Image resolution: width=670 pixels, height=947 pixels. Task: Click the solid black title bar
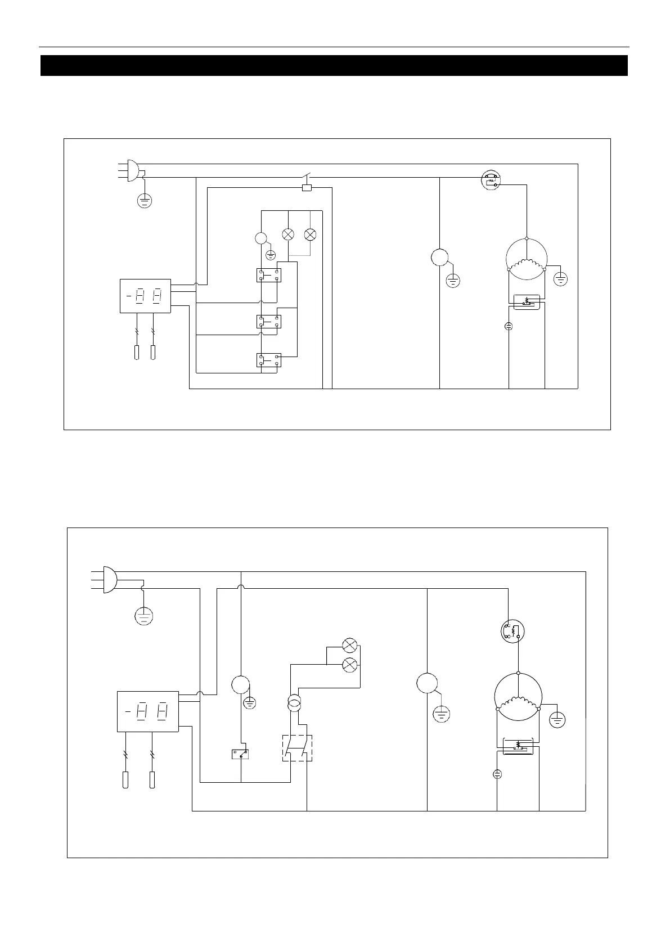(x=334, y=65)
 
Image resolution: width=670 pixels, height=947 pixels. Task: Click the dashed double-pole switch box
(x=297, y=748)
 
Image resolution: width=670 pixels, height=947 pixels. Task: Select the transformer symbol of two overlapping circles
(x=294, y=702)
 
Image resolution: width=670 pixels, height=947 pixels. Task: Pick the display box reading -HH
(x=147, y=711)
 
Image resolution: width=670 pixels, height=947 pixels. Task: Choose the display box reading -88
(x=145, y=295)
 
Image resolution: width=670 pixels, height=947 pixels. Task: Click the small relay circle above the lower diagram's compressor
(x=512, y=630)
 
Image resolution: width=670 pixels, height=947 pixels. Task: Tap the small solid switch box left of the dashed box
(x=241, y=754)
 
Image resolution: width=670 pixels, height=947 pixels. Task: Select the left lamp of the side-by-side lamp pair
(x=288, y=234)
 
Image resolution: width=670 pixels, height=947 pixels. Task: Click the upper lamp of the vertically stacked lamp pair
(x=350, y=645)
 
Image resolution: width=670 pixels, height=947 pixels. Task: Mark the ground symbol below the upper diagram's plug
(x=145, y=200)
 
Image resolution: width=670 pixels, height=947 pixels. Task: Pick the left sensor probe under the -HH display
(x=125, y=780)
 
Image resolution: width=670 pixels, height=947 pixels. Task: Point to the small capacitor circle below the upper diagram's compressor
(x=509, y=326)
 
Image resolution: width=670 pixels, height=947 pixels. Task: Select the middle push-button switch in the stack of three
(x=269, y=322)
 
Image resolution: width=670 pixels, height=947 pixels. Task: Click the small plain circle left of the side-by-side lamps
(x=261, y=238)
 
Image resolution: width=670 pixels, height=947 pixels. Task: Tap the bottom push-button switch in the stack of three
(x=269, y=360)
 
